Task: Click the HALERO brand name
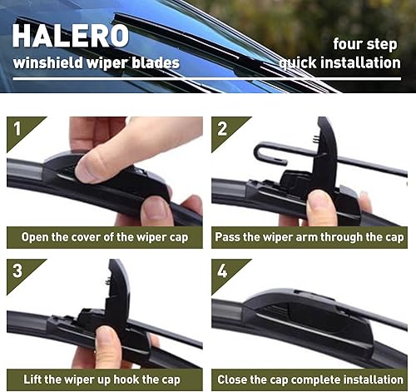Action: [70, 35]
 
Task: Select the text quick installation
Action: [339, 62]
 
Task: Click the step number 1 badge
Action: [18, 129]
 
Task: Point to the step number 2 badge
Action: [223, 129]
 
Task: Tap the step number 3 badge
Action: [18, 271]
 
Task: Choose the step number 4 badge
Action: [223, 271]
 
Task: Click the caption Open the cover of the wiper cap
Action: [104, 237]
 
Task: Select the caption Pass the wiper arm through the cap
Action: [310, 237]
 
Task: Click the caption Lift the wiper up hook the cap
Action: [104, 379]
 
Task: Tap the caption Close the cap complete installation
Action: [310, 379]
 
